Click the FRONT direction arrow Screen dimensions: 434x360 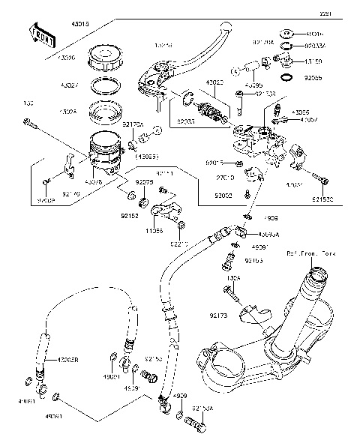click(x=43, y=34)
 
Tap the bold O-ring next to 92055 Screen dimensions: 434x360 click(x=286, y=77)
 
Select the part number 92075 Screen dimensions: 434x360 click(x=144, y=182)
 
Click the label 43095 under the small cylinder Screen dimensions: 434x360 click(x=254, y=86)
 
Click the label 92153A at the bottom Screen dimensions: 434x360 click(x=202, y=409)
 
